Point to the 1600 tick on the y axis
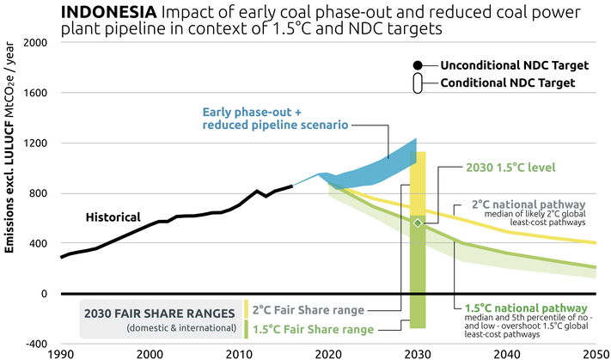34,93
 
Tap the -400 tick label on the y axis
34,344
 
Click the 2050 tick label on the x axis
596,353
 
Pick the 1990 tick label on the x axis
61,353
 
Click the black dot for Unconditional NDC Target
418,66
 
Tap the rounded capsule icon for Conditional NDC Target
418,83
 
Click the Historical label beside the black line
113,217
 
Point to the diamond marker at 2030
418,223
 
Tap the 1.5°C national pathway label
525,307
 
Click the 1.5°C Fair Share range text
314,329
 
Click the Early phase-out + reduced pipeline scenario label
275,119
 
